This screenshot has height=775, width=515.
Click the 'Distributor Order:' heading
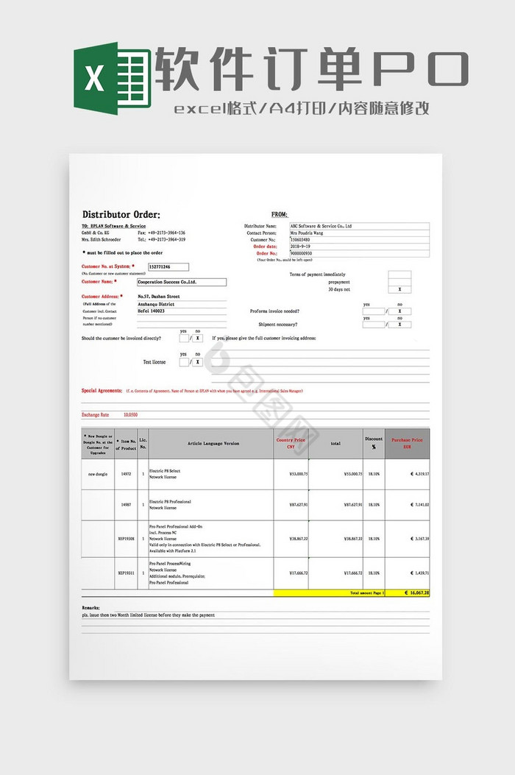(121, 214)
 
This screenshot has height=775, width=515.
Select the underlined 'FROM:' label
(280, 214)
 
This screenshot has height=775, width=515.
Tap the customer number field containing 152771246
(168, 266)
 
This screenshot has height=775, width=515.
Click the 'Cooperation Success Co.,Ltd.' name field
(181, 282)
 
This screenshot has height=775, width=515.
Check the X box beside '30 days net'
(399, 290)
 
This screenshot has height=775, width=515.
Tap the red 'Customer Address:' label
(99, 297)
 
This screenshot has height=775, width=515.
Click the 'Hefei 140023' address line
(152, 311)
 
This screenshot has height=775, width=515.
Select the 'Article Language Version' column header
(213, 444)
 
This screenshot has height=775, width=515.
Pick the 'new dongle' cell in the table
(98, 474)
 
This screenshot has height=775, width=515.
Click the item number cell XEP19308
(126, 539)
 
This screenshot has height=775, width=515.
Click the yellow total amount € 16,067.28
(416, 592)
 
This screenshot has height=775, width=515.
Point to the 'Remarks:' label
(91, 608)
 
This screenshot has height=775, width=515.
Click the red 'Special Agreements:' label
(102, 391)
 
